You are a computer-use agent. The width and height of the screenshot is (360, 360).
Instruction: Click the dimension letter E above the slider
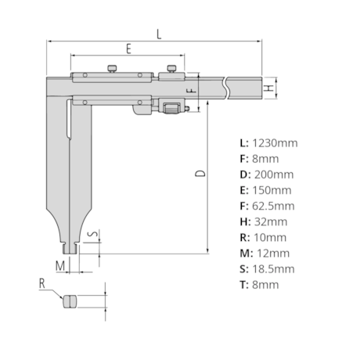(128, 49)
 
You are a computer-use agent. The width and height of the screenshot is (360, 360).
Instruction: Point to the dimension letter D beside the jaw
(201, 173)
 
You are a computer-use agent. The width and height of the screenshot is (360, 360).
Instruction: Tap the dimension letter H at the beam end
(268, 88)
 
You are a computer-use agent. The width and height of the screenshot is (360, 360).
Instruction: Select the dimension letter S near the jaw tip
(92, 234)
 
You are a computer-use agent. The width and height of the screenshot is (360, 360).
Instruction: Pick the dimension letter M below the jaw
(59, 265)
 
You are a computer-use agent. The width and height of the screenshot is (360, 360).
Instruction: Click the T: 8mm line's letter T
(243, 284)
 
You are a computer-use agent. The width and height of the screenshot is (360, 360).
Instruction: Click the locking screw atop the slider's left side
(114, 69)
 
